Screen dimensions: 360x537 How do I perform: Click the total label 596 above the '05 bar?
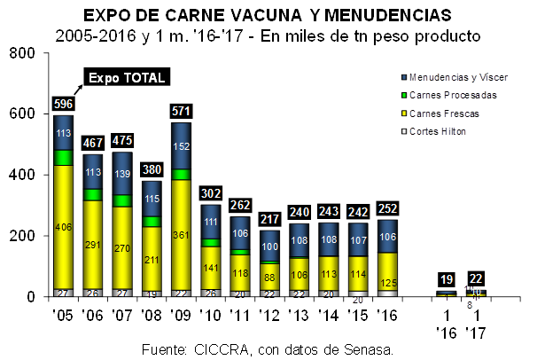[64, 105]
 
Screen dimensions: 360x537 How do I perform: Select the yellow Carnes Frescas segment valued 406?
[63, 227]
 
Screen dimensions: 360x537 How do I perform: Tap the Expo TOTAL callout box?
[127, 77]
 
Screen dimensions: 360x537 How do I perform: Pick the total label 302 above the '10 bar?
[212, 193]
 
